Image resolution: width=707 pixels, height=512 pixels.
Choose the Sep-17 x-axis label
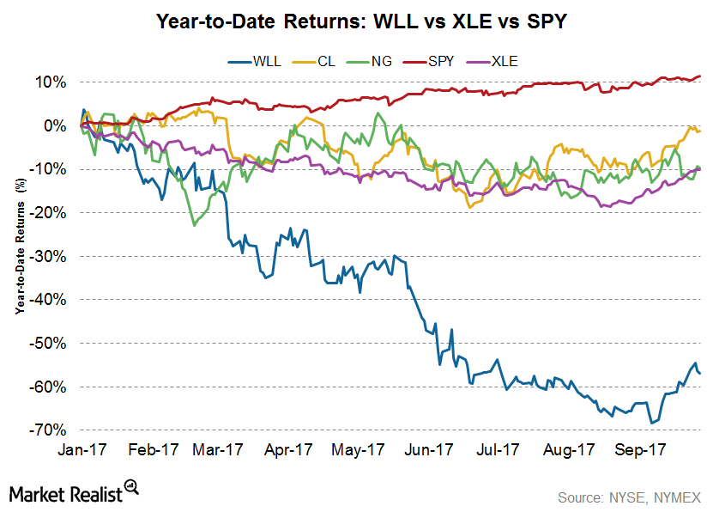pos(644,449)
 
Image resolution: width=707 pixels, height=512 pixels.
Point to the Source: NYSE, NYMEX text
pos(629,497)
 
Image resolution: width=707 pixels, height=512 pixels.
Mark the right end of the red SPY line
pos(700,76)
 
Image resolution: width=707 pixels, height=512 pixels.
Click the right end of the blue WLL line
pos(700,373)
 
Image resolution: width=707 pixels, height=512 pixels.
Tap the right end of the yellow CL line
pos(700,131)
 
